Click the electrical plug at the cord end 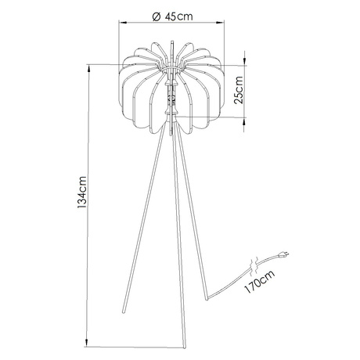[x=283, y=253]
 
